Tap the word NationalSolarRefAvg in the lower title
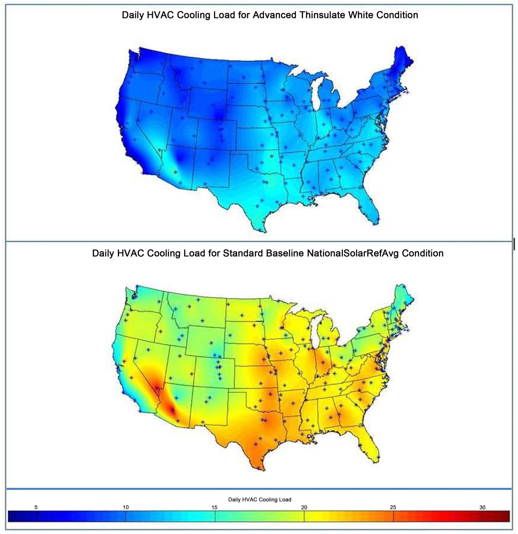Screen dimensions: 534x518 [x=353, y=253]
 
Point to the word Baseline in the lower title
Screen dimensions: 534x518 [x=285, y=253]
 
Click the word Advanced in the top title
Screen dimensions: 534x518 [x=275, y=15]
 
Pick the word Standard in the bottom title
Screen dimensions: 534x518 [x=243, y=253]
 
